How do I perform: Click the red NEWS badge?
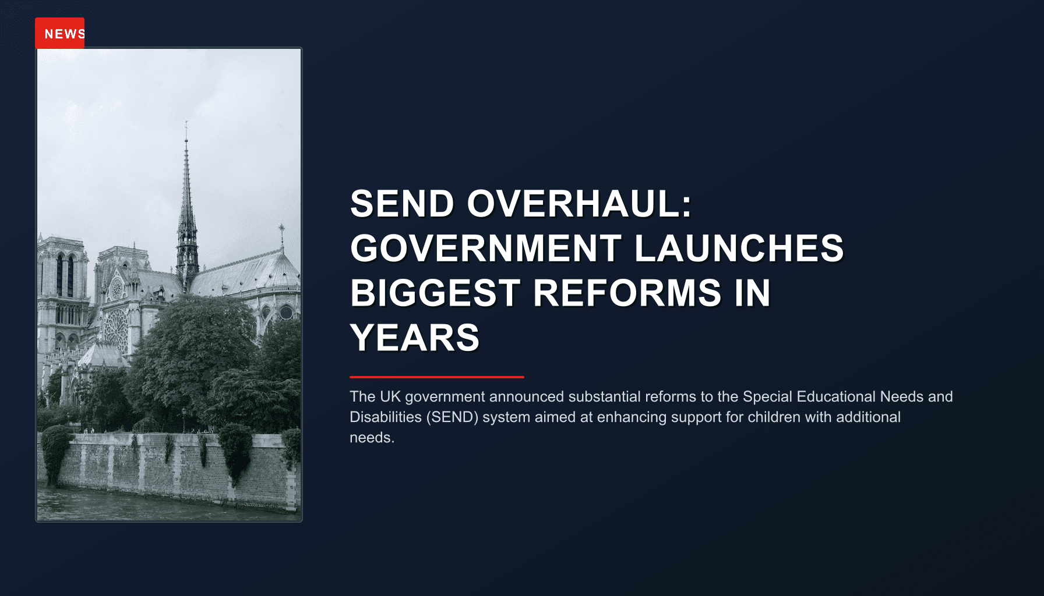pyautogui.click(x=60, y=33)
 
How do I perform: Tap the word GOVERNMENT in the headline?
pyautogui.click(x=485, y=249)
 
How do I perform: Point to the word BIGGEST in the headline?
pyautogui.click(x=435, y=293)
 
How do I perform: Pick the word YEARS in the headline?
pyautogui.click(x=414, y=338)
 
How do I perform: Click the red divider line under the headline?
pyautogui.click(x=436, y=377)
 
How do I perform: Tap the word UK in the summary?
pyautogui.click(x=389, y=396)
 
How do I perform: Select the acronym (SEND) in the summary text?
pyautogui.click(x=452, y=417)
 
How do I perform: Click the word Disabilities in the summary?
pyautogui.click(x=385, y=417)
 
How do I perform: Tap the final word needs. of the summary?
pyautogui.click(x=372, y=437)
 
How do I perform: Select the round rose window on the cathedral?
pyautogui.click(x=115, y=328)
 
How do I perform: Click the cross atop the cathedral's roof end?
pyautogui.click(x=281, y=228)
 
